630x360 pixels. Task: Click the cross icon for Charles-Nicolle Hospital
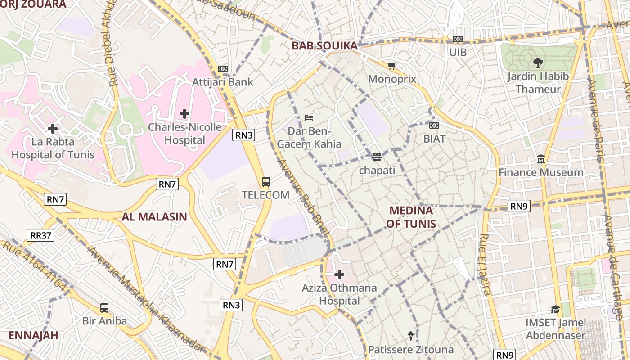click(x=184, y=114)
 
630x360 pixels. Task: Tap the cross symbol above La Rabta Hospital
click(x=53, y=129)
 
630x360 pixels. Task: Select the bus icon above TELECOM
click(x=266, y=182)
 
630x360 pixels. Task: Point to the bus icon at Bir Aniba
click(x=104, y=308)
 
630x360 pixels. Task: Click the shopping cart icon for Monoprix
click(x=391, y=66)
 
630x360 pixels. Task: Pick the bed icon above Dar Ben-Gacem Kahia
click(x=309, y=118)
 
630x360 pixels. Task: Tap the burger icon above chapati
click(x=377, y=157)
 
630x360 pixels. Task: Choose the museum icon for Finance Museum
click(x=541, y=159)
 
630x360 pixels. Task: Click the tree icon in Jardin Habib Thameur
click(x=538, y=63)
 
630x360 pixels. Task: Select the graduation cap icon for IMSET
click(x=556, y=309)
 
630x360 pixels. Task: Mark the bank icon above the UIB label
click(x=458, y=39)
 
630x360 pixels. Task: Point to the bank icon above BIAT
click(x=434, y=126)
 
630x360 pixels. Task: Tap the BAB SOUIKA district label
click(x=324, y=45)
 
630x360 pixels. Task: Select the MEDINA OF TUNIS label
click(x=411, y=217)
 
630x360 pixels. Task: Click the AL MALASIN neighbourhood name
click(x=154, y=217)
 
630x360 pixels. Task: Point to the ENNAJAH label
click(x=33, y=335)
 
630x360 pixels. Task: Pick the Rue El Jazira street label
click(x=485, y=265)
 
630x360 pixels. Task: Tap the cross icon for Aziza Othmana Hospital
click(x=339, y=274)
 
